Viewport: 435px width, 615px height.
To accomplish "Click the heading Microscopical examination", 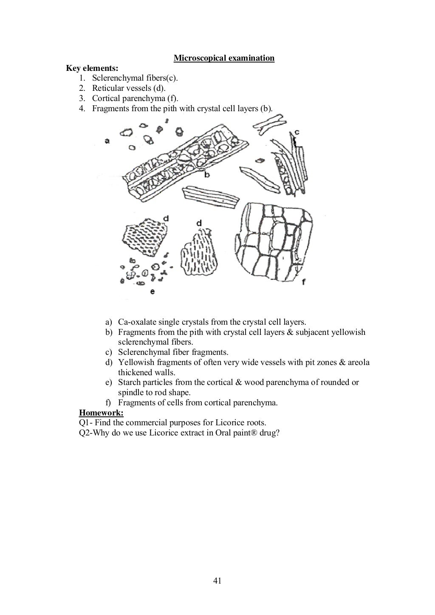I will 224,58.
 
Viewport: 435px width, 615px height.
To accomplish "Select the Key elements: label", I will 92,68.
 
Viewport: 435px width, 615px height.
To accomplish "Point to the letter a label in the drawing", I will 107,141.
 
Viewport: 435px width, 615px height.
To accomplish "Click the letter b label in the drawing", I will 207,174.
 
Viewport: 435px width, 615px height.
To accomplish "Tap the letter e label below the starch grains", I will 152,292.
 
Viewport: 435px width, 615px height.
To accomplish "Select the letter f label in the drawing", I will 303,281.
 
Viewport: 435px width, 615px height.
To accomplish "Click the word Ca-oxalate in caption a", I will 137,322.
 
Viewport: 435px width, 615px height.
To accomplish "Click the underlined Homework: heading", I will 101,413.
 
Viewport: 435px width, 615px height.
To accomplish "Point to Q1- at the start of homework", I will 86,423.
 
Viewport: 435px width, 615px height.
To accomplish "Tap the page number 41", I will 217,581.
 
